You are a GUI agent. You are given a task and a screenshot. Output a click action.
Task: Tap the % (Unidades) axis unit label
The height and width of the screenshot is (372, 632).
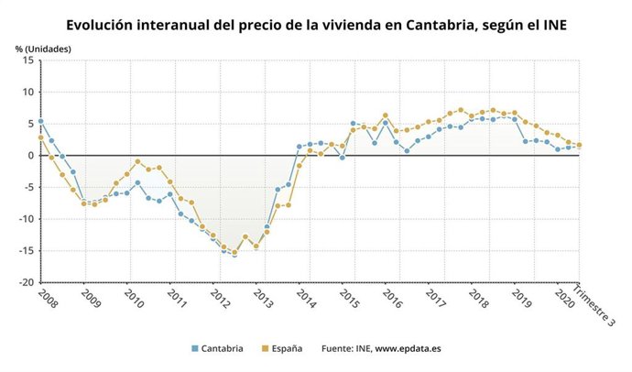coord(41,47)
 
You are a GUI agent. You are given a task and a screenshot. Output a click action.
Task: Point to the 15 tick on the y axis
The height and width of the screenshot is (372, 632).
coord(28,60)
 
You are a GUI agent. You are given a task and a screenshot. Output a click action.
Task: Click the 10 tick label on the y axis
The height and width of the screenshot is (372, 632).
coord(28,92)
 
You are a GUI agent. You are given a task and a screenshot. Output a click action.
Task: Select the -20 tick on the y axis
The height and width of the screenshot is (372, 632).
coord(27,283)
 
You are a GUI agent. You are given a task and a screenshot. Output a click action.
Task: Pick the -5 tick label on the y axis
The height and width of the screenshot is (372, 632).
coord(28,187)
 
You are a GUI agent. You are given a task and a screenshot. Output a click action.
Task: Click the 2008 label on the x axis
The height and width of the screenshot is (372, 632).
coord(46,300)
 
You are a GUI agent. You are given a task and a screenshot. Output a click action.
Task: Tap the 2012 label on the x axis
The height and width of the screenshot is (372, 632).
coord(219,300)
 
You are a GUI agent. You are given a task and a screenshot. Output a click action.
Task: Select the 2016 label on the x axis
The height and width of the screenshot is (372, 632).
coord(391,300)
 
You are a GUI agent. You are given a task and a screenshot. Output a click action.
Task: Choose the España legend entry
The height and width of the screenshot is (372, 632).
coord(287,349)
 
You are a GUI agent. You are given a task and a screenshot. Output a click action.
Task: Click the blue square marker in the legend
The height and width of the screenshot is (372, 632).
coord(195,349)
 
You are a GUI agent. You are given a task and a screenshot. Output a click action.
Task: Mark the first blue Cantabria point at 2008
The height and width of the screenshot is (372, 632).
coord(40,121)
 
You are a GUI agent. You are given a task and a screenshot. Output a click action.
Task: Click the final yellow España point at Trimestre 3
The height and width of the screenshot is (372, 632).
coord(579,145)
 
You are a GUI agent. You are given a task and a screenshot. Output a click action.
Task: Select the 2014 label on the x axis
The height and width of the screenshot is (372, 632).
coord(305,300)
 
